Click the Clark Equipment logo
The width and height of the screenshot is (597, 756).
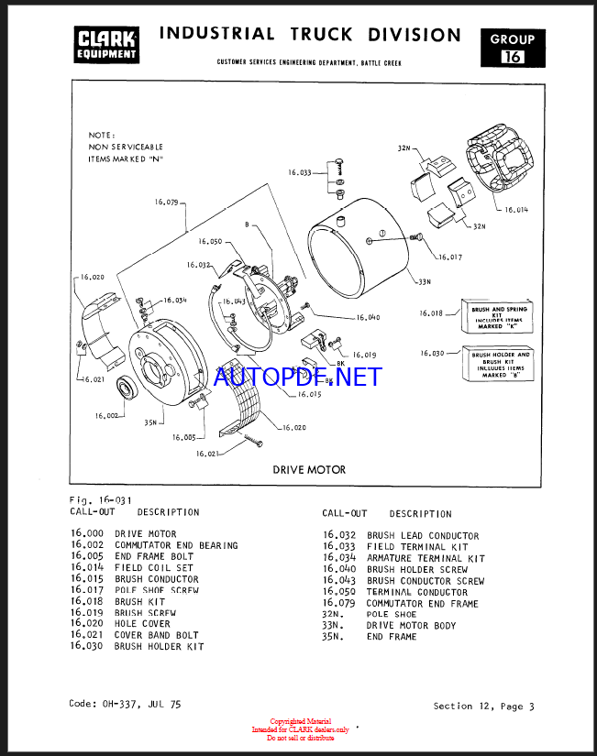106,45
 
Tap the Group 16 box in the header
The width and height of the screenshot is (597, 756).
512,49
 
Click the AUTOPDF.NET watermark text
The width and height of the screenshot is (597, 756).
297,377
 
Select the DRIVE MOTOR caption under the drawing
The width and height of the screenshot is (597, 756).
309,469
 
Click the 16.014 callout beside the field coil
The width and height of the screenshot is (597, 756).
516,210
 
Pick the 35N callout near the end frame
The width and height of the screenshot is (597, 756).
125,423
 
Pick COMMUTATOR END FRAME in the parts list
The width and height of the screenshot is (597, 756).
422,604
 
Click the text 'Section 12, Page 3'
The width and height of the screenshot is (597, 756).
483,707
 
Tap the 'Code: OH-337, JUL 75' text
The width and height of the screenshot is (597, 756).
125,704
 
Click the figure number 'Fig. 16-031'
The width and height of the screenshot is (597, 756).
100,500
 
